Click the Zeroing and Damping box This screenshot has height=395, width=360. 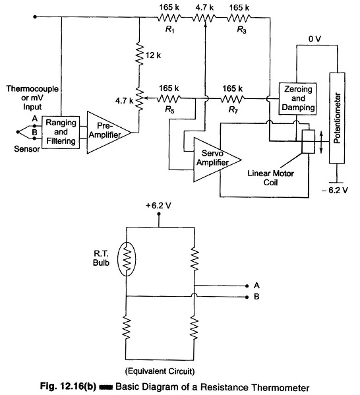[297, 98]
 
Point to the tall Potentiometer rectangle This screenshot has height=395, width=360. [337, 118]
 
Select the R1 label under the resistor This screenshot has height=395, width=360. [170, 30]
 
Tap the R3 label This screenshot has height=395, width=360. [241, 30]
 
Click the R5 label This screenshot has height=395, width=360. [169, 109]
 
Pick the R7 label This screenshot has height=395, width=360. [233, 109]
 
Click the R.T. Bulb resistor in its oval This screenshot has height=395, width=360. [127, 259]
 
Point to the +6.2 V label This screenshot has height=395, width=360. [158, 206]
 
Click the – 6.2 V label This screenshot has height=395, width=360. [335, 190]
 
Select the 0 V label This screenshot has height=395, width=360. [315, 39]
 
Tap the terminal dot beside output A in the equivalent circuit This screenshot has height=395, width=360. [247, 286]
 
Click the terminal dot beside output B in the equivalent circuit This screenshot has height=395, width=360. [247, 297]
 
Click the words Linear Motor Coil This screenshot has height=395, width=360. [270, 178]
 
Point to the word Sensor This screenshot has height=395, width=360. [27, 149]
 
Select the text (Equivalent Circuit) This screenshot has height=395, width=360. [160, 371]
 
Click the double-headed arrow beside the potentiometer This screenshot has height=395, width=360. [321, 142]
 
